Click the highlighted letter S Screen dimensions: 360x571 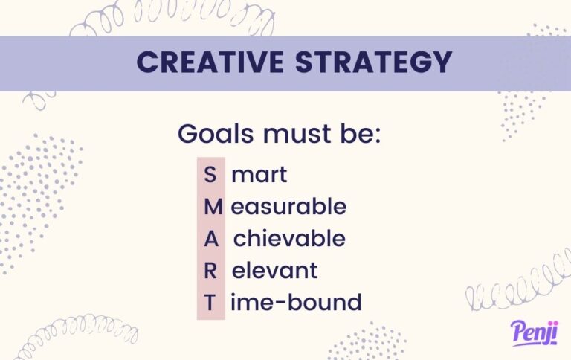(210, 176)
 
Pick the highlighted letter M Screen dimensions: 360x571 (210, 207)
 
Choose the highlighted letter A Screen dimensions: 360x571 (210, 239)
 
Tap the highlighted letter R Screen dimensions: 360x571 (210, 271)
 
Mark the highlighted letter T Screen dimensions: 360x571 (210, 303)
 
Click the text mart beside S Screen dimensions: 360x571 (259, 176)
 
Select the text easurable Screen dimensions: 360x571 (288, 207)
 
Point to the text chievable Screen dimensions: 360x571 (289, 239)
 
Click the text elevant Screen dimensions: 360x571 (274, 271)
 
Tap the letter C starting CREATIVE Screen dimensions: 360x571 (147, 62)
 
